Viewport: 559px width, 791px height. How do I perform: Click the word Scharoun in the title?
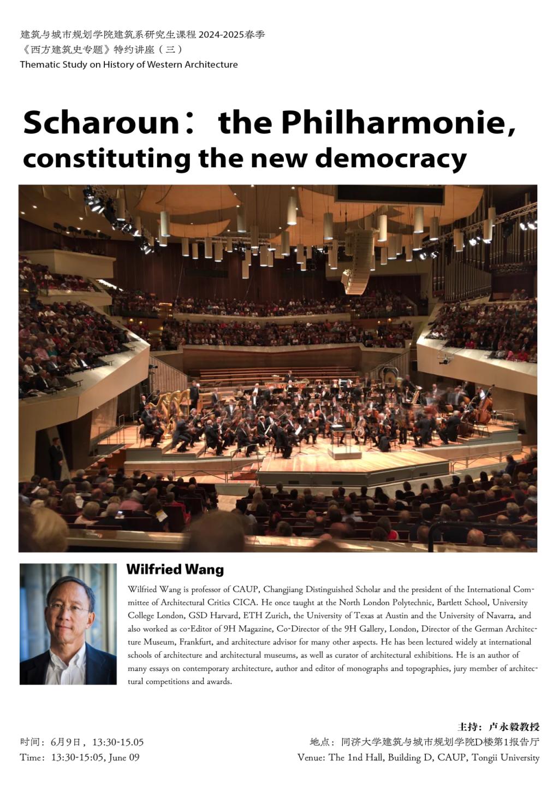[x=101, y=123]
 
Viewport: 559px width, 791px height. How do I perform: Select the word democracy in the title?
[x=391, y=158]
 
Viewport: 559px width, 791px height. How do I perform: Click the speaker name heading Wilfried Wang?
[x=175, y=569]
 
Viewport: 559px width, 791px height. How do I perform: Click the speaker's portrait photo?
[x=68, y=623]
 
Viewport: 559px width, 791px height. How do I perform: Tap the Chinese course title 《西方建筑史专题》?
[x=66, y=50]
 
